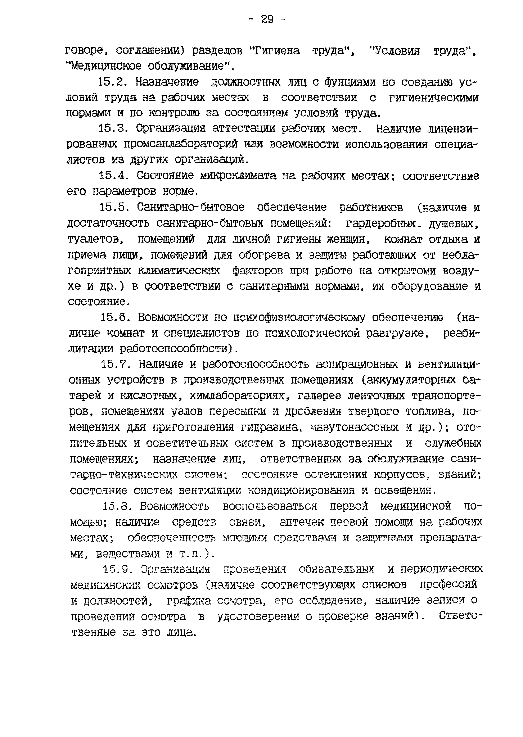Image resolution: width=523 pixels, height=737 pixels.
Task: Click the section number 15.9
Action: [x=117, y=569]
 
